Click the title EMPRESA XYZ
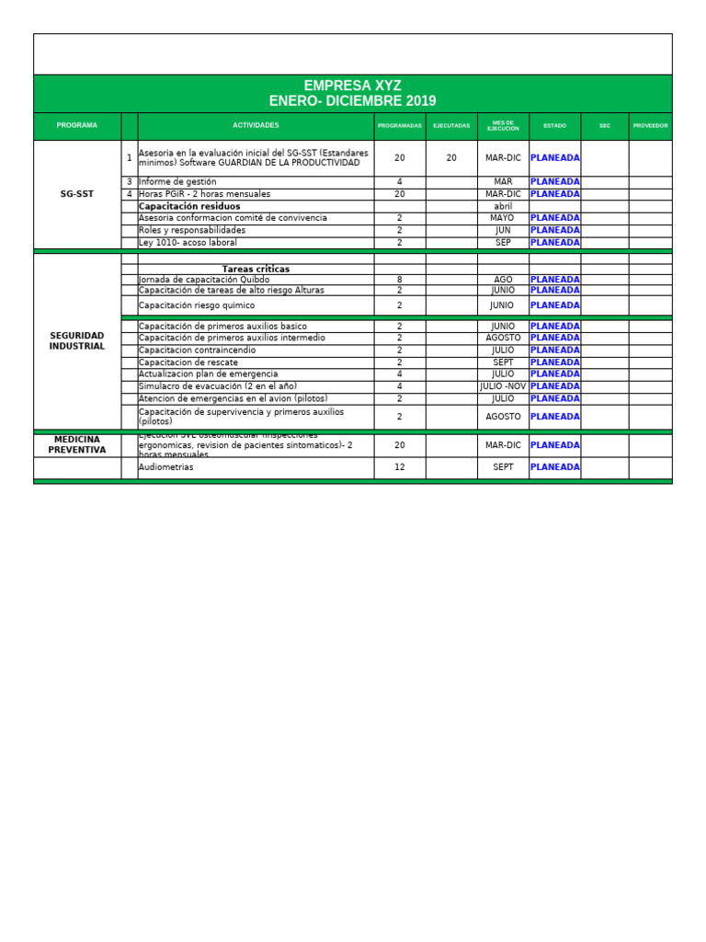(353, 86)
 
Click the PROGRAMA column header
(76, 125)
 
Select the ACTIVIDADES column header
(256, 125)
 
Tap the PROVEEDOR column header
(650, 125)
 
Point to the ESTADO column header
(554, 125)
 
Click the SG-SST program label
(77, 194)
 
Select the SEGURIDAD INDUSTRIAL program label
(77, 341)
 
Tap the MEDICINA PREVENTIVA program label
(77, 444)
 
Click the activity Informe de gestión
(177, 182)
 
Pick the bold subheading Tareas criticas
(256, 269)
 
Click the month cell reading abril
(503, 206)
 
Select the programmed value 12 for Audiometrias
(399, 467)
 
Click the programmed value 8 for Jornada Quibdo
(399, 280)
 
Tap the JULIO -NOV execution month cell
(503, 386)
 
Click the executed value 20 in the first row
(451, 158)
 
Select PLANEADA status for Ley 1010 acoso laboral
(554, 243)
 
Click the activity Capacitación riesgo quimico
(197, 305)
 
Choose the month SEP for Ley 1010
(503, 243)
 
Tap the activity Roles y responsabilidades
(192, 230)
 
